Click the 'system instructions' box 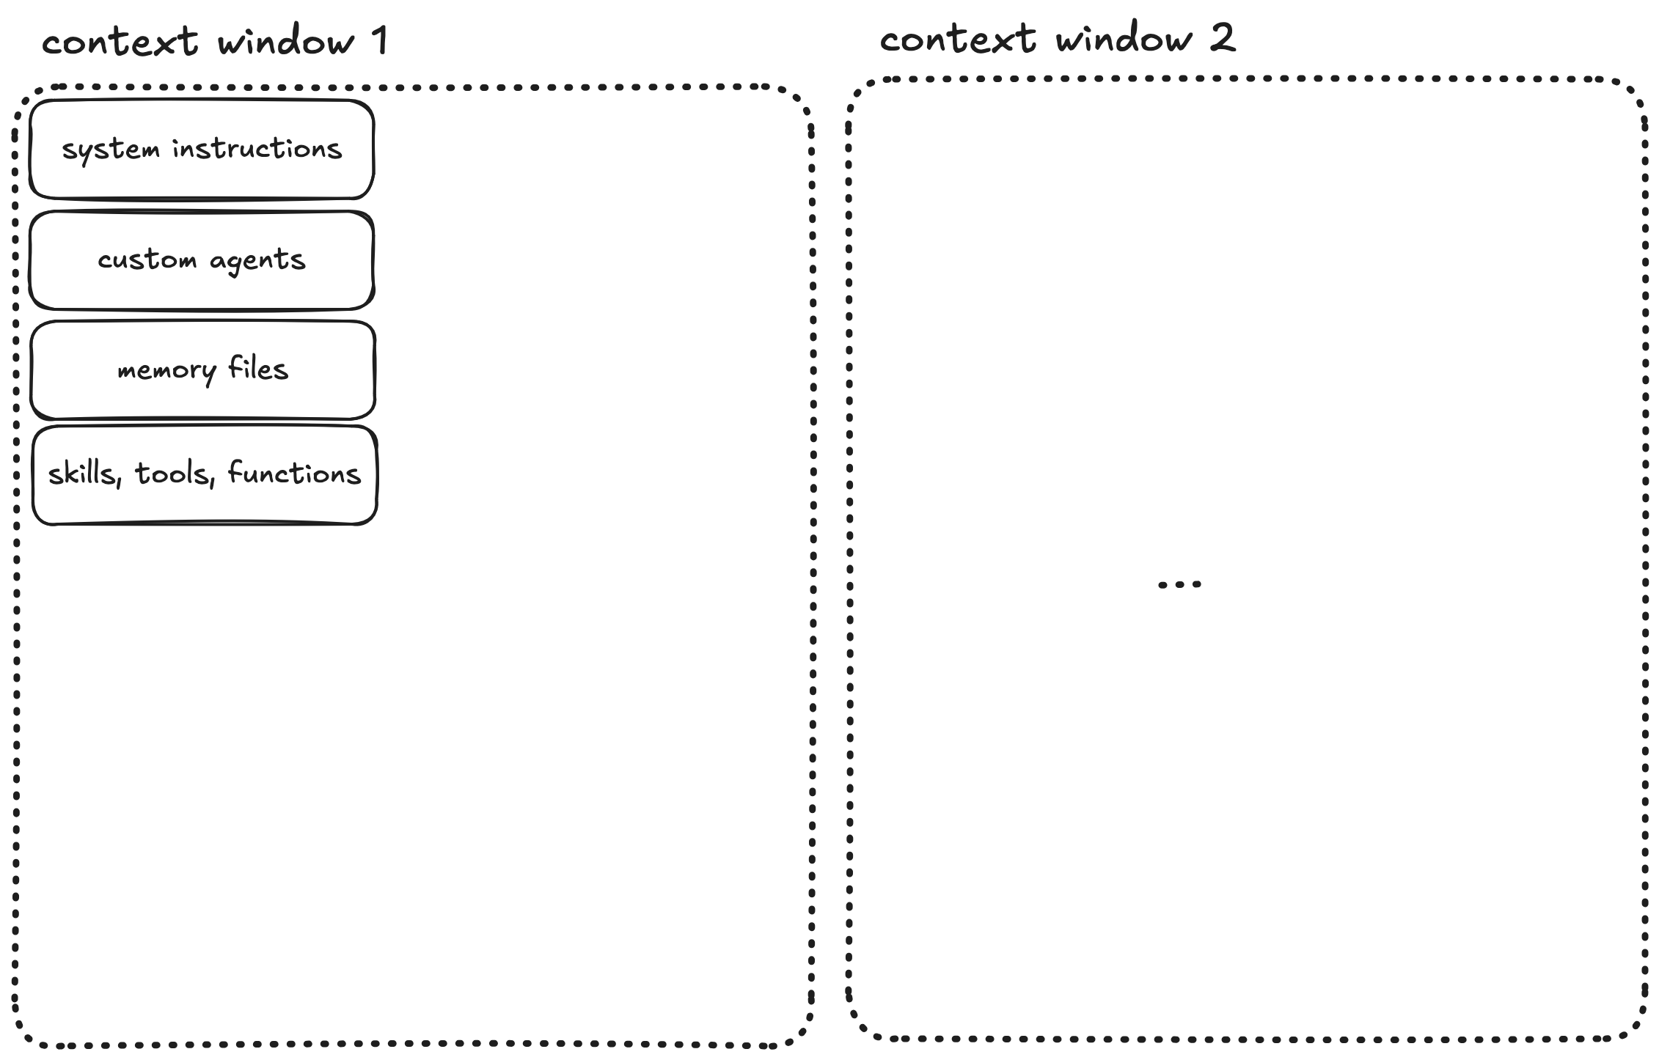point(202,150)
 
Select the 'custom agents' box point(202,260)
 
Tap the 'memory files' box point(203,370)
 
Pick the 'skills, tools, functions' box point(205,475)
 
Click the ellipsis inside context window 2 point(1179,584)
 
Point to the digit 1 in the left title point(380,40)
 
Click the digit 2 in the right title point(1222,37)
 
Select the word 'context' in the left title point(120,41)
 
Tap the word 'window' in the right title point(1124,38)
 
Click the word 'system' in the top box point(111,150)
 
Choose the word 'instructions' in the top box point(257,149)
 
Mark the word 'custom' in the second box point(147,260)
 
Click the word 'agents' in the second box point(257,261)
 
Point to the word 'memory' point(167,371)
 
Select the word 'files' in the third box point(258,368)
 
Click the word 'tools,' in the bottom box point(175,475)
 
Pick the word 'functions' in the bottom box point(294,474)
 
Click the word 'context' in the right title point(958,39)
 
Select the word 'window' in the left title point(287,41)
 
